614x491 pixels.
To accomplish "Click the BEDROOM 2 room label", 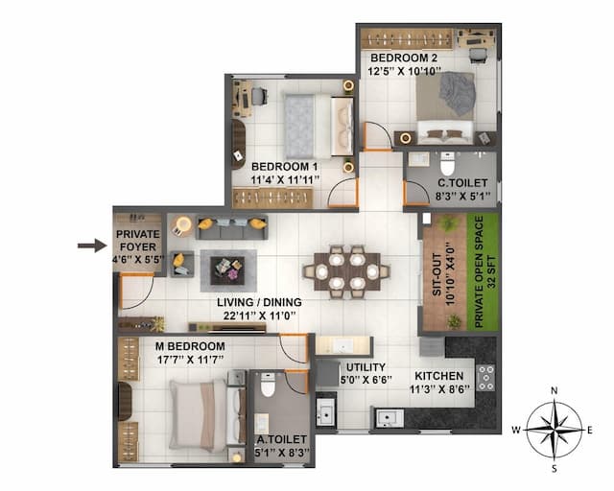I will [405, 58].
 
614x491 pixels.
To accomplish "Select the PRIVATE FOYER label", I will [138, 240].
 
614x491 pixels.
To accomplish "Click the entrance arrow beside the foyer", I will [92, 246].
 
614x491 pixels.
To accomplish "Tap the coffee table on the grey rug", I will [227, 269].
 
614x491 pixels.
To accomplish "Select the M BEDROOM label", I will [183, 346].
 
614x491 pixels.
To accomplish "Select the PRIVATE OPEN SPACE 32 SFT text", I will [484, 273].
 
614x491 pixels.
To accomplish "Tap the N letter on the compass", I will [555, 391].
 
